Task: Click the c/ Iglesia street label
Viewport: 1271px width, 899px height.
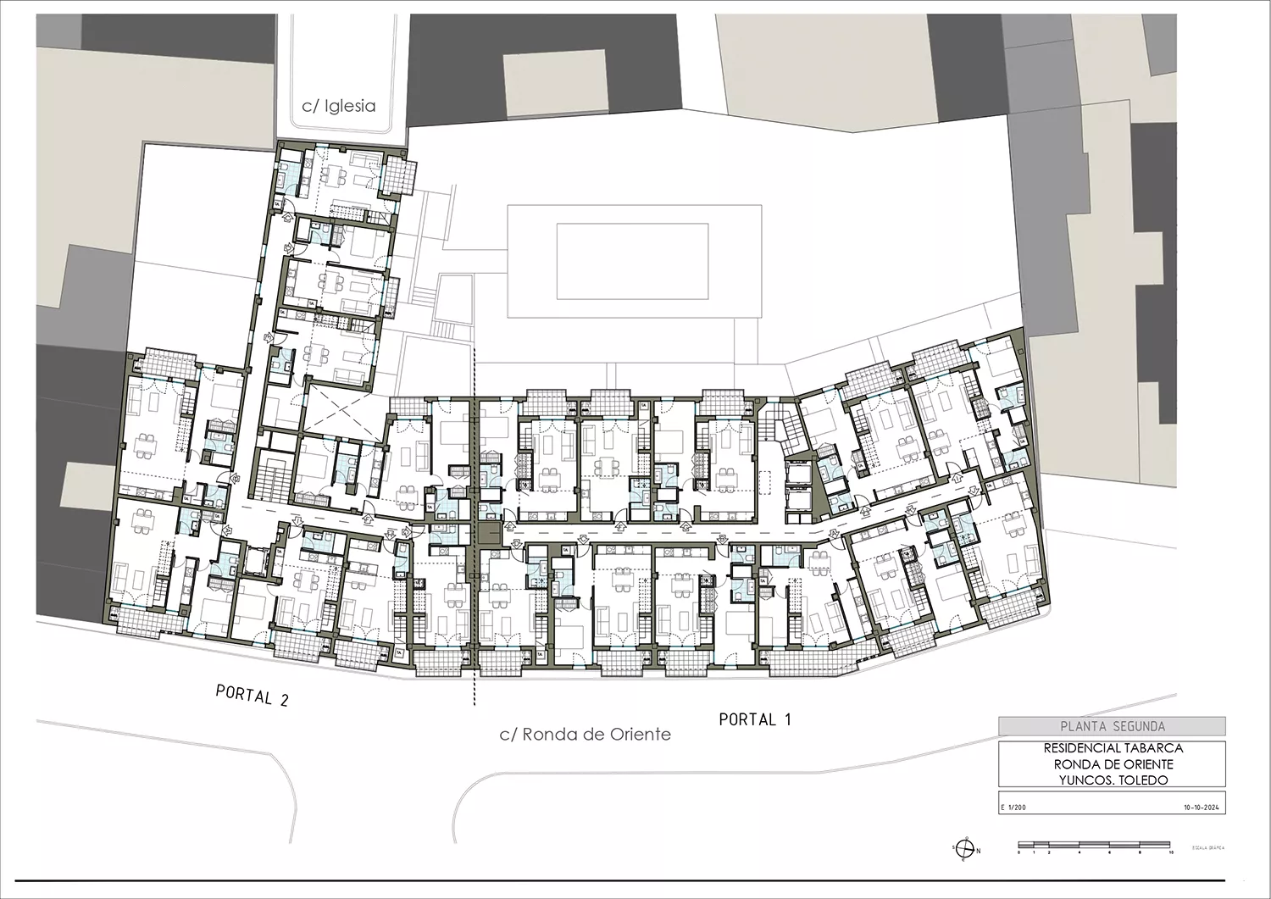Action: click(x=339, y=106)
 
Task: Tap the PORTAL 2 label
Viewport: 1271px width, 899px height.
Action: click(x=253, y=696)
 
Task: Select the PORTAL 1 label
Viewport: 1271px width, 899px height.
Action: click(x=754, y=719)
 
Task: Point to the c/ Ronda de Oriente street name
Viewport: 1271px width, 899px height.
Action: click(x=585, y=735)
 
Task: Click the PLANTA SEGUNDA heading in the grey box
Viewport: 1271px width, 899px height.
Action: click(x=1112, y=726)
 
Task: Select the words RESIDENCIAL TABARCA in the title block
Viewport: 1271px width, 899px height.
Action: click(x=1113, y=748)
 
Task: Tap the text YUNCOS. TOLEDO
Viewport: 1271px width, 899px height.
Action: click(x=1113, y=780)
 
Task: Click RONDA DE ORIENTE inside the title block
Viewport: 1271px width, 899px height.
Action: click(x=1113, y=764)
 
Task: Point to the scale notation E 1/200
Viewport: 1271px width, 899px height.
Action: click(x=1014, y=808)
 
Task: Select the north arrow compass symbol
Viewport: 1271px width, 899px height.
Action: click(x=963, y=849)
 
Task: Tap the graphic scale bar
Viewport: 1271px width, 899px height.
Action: click(x=1093, y=845)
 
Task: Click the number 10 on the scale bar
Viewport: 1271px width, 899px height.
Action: click(x=1170, y=852)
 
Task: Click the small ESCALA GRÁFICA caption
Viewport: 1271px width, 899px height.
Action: click(x=1207, y=847)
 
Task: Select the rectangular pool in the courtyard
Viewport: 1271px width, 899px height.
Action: click(x=632, y=260)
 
